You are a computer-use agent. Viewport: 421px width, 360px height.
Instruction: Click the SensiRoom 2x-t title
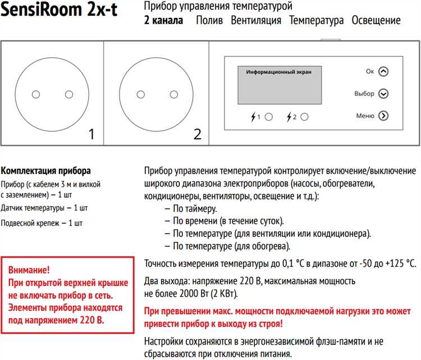[x=59, y=11]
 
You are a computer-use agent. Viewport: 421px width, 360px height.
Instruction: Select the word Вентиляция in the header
[x=256, y=21]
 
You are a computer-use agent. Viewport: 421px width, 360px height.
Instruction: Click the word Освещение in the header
[x=376, y=21]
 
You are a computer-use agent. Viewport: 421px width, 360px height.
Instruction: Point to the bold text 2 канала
[x=163, y=21]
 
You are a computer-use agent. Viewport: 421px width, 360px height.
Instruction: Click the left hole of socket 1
[x=36, y=94]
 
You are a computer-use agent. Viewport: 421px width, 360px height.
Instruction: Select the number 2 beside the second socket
[x=196, y=134]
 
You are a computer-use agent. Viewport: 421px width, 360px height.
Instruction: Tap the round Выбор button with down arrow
[x=383, y=94]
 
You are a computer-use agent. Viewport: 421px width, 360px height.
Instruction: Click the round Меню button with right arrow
[x=383, y=116]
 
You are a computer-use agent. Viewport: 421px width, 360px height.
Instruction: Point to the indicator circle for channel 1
[x=268, y=117]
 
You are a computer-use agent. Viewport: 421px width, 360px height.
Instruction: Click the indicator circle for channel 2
[x=305, y=117]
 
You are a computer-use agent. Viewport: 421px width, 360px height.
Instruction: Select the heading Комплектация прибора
[x=46, y=171]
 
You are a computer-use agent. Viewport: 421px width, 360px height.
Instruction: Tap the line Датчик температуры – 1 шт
[x=44, y=208]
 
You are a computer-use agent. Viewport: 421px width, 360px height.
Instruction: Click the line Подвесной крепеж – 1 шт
[x=42, y=223]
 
